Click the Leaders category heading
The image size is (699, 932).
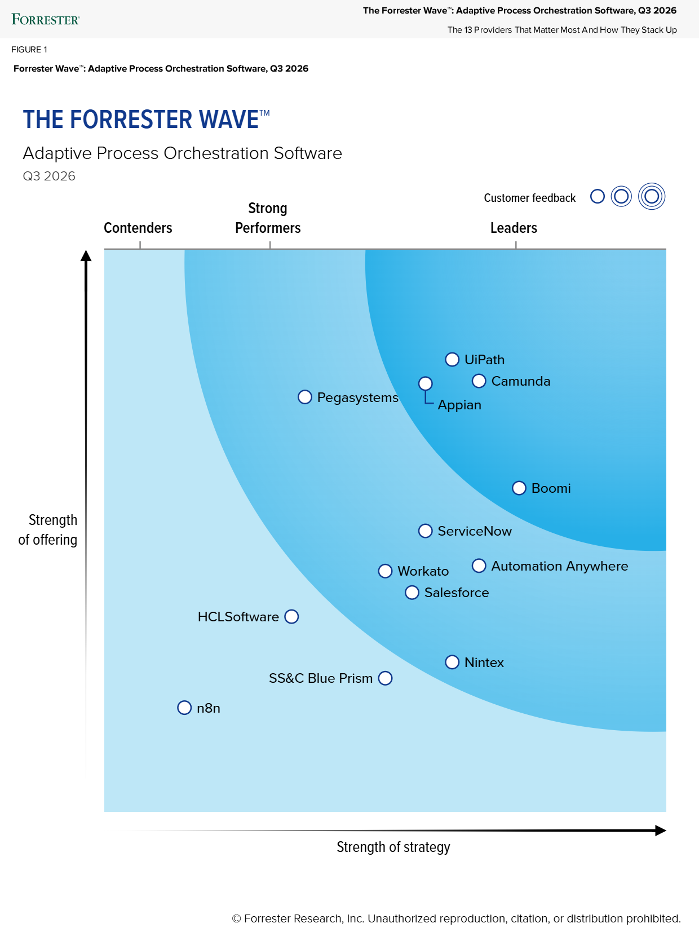(x=514, y=228)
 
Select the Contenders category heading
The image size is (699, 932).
(x=138, y=228)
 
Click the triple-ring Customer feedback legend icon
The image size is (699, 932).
(x=652, y=196)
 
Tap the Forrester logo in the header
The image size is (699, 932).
(x=46, y=20)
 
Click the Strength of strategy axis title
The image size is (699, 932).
(x=393, y=847)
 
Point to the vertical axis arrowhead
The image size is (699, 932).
(x=86, y=255)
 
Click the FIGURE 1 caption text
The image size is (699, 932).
(x=29, y=50)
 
